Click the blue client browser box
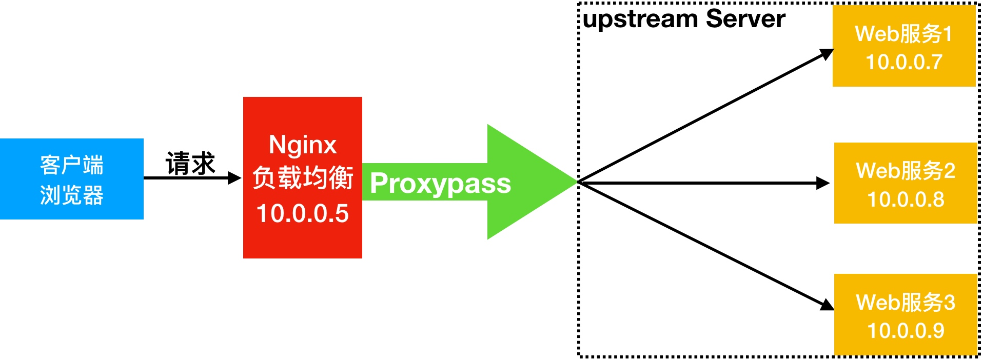coord(71,179)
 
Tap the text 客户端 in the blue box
coord(72,165)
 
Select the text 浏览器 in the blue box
coord(72,195)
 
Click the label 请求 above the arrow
coord(190,164)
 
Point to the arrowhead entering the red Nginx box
coord(234,178)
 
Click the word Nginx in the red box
coord(303,145)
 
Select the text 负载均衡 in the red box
coord(303,178)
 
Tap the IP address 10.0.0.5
coord(303,213)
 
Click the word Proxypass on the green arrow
coord(440,184)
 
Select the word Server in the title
coord(745,18)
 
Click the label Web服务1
coord(903,34)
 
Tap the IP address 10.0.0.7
coord(904,63)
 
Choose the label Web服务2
coord(906,171)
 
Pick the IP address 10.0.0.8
coord(906,199)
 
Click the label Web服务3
coord(906,303)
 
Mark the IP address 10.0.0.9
coord(906,331)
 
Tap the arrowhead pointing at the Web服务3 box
coord(827,305)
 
